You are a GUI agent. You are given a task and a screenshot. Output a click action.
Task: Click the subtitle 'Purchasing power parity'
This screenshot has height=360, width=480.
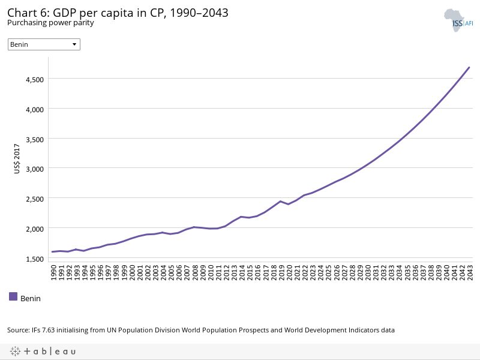(50, 23)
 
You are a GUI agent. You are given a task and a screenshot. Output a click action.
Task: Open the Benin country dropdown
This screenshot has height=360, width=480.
(44, 44)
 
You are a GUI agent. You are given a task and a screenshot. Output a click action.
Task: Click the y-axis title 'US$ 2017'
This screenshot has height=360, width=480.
(17, 158)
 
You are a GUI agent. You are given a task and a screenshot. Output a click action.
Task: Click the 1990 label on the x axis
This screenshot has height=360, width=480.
(53, 272)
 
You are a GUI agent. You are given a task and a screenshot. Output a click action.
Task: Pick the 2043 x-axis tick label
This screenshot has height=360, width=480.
(469, 272)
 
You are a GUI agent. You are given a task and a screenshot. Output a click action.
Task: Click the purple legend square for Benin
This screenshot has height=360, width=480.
(13, 296)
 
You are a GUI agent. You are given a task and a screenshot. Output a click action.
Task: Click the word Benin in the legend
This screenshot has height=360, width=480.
(31, 298)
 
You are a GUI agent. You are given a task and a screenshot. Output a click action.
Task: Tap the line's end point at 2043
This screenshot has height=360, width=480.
(469, 67)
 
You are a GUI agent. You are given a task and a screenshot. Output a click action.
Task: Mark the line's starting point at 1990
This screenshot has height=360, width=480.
(53, 251)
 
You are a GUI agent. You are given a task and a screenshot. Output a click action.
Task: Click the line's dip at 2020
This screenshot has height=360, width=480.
(289, 204)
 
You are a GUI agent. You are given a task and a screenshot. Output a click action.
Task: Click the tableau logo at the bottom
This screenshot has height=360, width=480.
(43, 351)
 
